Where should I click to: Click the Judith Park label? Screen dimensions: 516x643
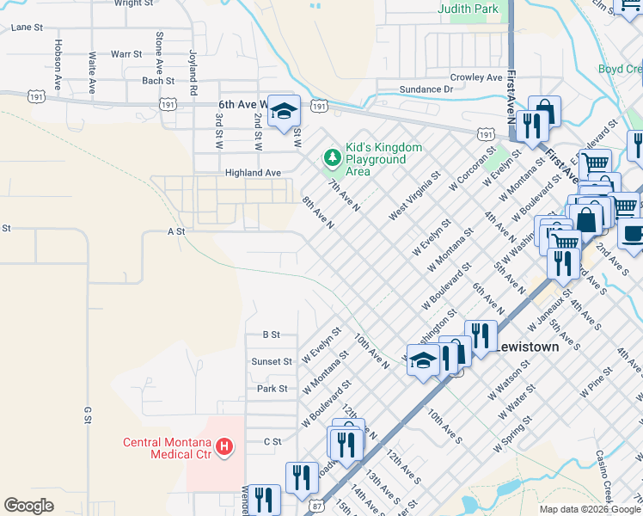pos(468,9)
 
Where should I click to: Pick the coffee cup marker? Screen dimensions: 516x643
pos(634,233)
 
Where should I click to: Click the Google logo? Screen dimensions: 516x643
pos(28,506)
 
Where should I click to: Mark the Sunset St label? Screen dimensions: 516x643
pos(271,362)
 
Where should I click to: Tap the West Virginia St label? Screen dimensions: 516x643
pos(414,193)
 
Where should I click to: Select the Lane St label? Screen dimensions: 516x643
pos(27,28)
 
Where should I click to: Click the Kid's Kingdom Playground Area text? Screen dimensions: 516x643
pos(383,159)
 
